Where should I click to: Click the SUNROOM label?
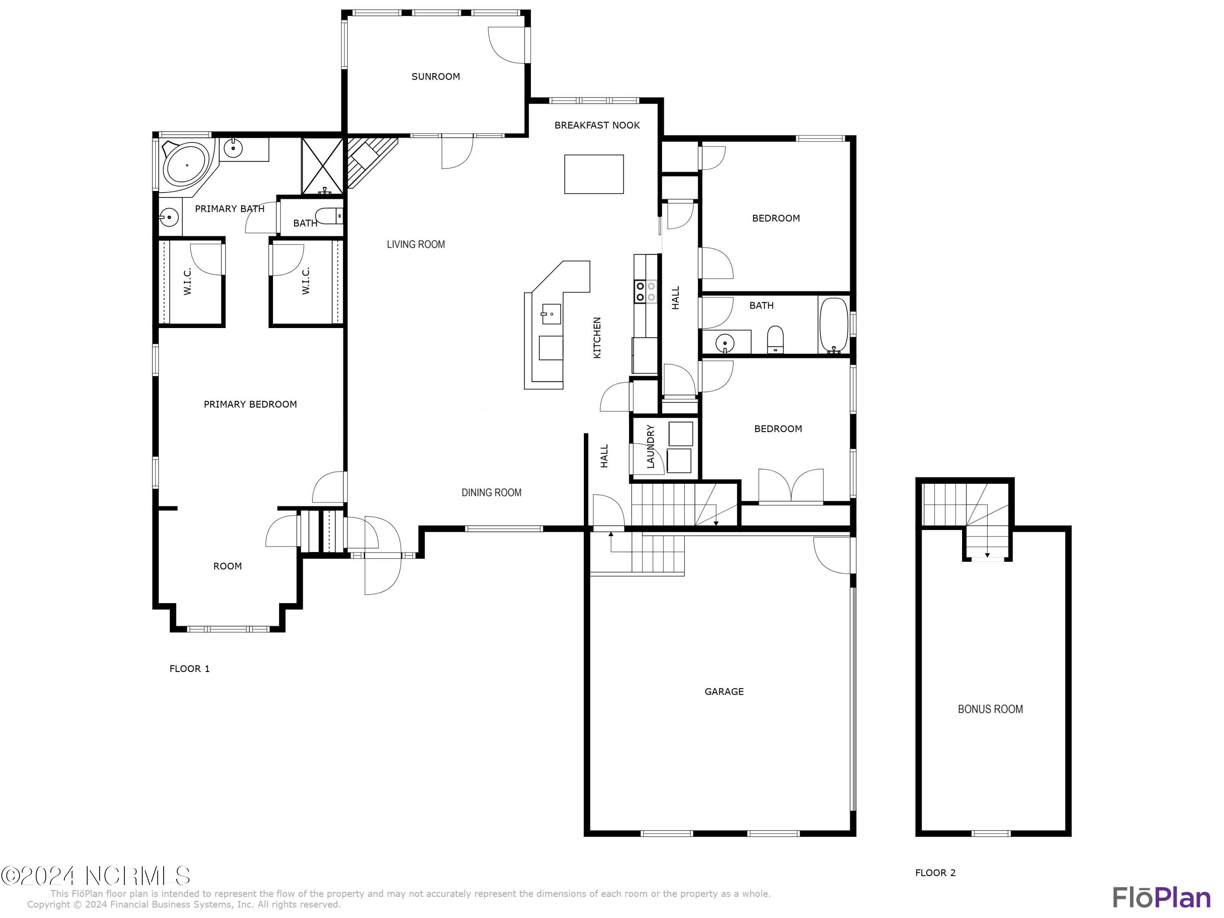(435, 76)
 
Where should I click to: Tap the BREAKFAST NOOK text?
(596, 125)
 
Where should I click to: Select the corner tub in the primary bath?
(186, 164)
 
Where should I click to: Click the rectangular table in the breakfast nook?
(594, 174)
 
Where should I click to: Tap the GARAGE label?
(724, 691)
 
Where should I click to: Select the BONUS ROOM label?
(990, 709)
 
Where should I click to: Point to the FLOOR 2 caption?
(935, 873)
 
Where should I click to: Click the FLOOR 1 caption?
(189, 668)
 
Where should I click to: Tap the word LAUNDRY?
(650, 446)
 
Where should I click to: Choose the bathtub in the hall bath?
(833, 325)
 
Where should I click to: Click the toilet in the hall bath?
(775, 339)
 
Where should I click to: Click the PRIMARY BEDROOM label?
(250, 404)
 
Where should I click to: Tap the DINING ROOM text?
(491, 492)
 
